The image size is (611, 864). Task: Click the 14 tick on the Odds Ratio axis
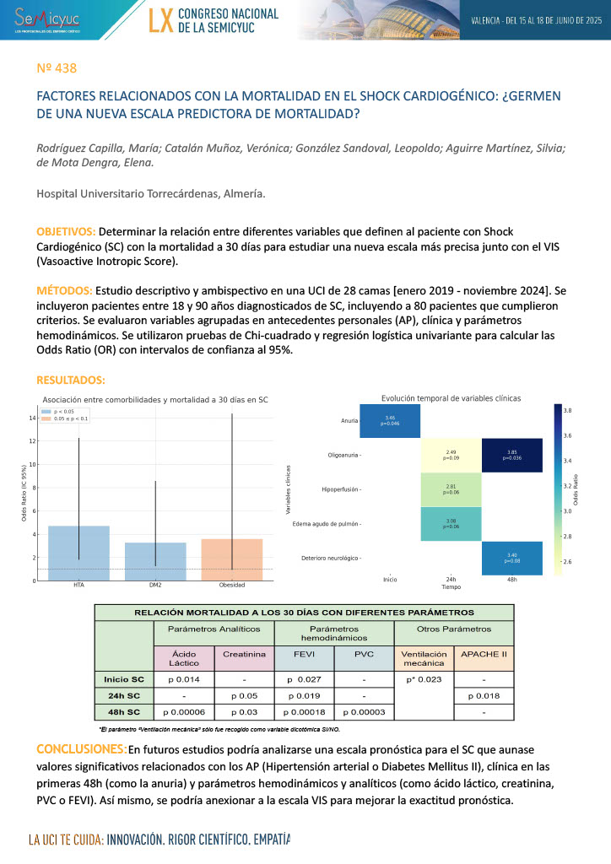point(32,418)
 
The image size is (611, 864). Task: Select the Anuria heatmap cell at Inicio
point(390,420)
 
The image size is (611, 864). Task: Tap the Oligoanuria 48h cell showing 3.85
point(511,455)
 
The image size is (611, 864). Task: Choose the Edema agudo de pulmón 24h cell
point(451,524)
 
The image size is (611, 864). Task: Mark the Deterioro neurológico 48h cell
point(511,558)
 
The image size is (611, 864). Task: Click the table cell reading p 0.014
point(184,678)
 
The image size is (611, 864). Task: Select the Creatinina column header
point(246,654)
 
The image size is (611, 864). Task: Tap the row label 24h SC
point(124,696)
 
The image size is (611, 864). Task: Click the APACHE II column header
point(483,654)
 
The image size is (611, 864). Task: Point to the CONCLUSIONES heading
point(81,749)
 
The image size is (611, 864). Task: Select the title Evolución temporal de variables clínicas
point(451,397)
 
